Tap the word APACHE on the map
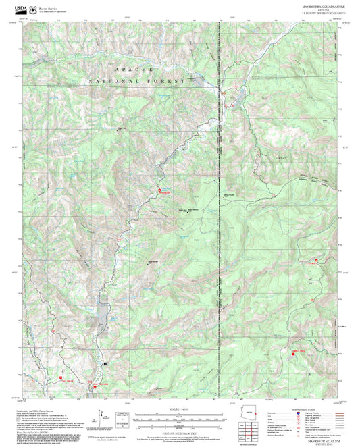[135, 70]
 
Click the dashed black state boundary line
[218, 203]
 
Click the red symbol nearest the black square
[95, 386]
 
